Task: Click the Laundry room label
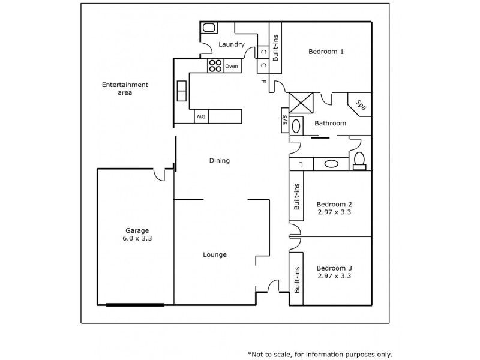click(231, 44)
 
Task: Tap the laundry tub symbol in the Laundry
click(209, 28)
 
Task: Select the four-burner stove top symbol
click(215, 66)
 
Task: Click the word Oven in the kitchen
click(232, 66)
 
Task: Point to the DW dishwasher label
click(202, 116)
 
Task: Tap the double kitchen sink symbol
click(182, 90)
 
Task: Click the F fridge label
click(264, 81)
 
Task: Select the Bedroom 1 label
click(326, 52)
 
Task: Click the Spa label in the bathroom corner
click(361, 105)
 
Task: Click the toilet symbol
click(359, 160)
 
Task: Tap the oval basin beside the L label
click(331, 163)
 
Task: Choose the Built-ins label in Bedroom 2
click(296, 197)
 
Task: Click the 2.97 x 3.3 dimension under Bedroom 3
click(334, 277)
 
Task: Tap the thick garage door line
click(135, 305)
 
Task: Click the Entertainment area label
click(125, 89)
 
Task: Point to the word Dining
click(220, 160)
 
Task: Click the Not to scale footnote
click(320, 354)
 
